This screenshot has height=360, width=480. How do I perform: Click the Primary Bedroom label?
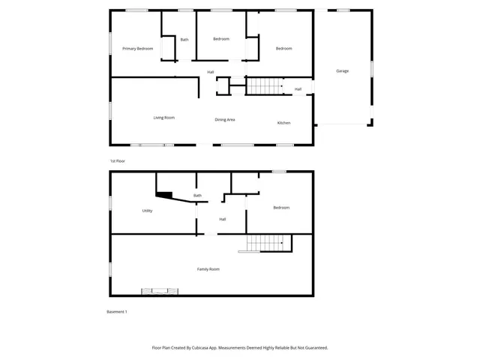click(x=139, y=49)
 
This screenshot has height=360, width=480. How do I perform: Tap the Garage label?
click(x=342, y=71)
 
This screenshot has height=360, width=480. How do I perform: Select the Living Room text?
click(x=164, y=118)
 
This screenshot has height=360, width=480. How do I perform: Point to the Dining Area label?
click(x=225, y=120)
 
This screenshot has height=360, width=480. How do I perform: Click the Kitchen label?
click(x=283, y=123)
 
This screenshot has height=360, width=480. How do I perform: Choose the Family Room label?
click(x=208, y=268)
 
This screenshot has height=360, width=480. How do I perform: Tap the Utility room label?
click(x=147, y=211)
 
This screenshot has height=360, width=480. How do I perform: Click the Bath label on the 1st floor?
click(x=184, y=40)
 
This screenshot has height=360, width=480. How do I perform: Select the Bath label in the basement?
click(x=197, y=196)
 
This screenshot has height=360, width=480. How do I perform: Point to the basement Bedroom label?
click(x=281, y=208)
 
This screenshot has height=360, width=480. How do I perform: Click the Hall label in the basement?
click(x=223, y=219)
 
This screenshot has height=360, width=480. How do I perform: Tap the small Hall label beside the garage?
click(x=298, y=89)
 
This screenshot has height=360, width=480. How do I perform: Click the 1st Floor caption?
click(x=117, y=161)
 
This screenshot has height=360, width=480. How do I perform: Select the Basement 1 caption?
click(x=117, y=312)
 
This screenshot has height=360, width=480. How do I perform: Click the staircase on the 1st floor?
click(x=263, y=86)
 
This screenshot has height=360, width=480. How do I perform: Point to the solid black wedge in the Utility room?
click(x=164, y=195)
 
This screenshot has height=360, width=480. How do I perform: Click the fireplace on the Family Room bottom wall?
click(x=160, y=292)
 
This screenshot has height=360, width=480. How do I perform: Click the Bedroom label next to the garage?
click(x=283, y=49)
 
